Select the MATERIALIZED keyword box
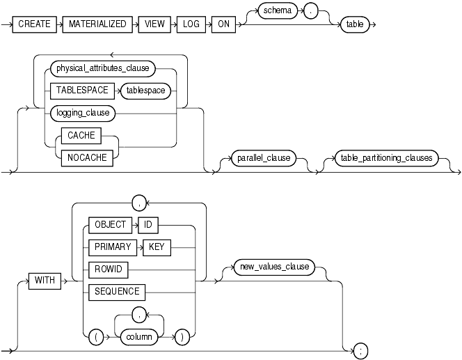[98, 24]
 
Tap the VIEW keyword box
[155, 24]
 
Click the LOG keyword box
[191, 24]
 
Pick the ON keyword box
[223, 24]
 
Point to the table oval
[355, 24]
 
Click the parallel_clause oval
[257, 157]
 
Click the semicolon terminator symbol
[360, 351]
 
